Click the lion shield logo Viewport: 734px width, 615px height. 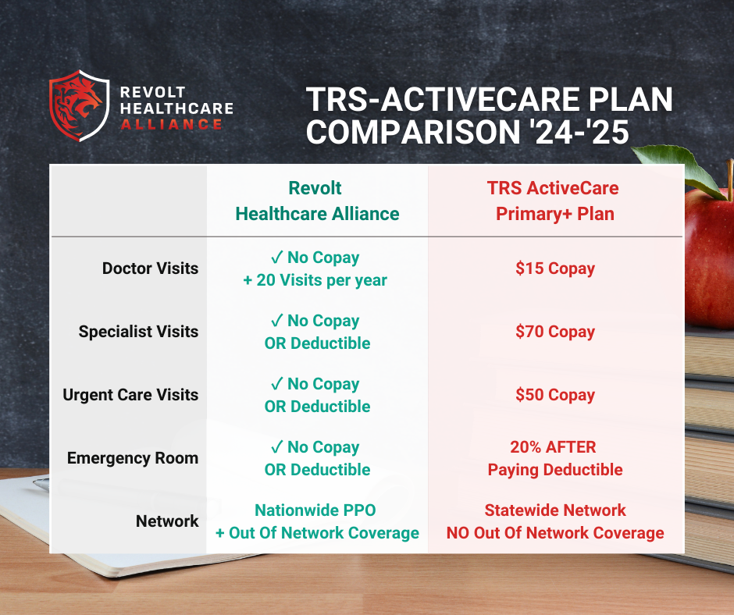(x=79, y=106)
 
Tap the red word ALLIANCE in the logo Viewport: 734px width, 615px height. (x=171, y=125)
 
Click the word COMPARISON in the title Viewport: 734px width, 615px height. (x=413, y=132)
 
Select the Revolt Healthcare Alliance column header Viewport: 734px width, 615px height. (x=317, y=201)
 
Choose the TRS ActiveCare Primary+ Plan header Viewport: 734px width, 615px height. (x=554, y=201)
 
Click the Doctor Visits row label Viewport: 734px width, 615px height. (x=150, y=268)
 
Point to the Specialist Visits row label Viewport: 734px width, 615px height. (x=138, y=332)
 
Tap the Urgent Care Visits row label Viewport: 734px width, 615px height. (x=130, y=395)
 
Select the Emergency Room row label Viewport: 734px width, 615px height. (x=133, y=458)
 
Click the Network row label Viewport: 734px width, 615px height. (x=167, y=521)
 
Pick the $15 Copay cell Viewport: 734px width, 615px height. (x=555, y=268)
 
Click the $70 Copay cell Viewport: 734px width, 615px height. (x=555, y=332)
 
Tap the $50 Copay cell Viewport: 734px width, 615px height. (x=555, y=395)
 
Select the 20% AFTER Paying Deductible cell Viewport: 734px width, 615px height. (x=555, y=458)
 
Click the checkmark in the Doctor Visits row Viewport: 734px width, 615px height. (x=277, y=257)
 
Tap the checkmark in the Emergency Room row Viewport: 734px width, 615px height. (x=277, y=446)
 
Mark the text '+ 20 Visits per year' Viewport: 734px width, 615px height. (x=315, y=280)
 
